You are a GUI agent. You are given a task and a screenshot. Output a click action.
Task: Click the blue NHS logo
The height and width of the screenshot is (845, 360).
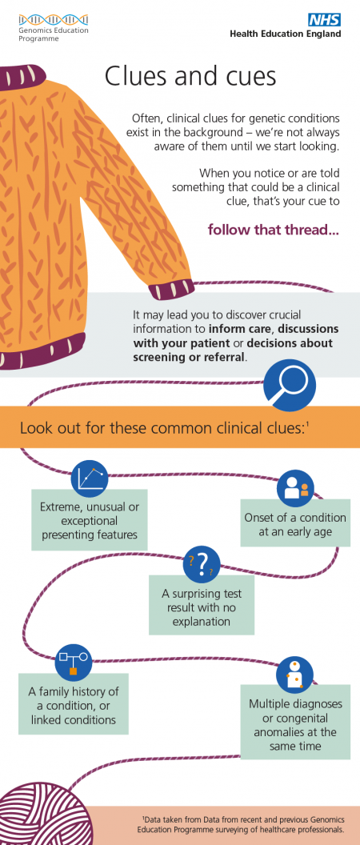[x=324, y=20]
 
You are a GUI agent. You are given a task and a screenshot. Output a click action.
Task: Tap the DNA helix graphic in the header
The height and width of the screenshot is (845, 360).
[x=54, y=20]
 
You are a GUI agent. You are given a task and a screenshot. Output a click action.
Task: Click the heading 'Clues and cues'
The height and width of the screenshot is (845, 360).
[x=190, y=76]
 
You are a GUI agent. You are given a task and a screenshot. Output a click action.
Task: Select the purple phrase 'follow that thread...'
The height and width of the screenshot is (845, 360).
[x=274, y=230]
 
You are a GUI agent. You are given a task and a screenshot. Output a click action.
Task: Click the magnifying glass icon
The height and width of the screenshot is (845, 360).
[x=290, y=386]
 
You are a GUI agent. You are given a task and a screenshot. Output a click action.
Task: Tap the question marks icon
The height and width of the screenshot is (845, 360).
[x=202, y=563]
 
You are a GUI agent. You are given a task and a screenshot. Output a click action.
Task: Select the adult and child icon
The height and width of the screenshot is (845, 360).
[x=295, y=487]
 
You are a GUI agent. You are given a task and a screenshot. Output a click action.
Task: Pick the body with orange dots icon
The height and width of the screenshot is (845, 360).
[x=294, y=674]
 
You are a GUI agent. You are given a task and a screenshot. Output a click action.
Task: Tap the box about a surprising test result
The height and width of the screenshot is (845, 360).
[x=202, y=605]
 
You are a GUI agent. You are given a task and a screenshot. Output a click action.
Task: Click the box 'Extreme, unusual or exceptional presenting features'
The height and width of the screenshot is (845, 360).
[x=90, y=519]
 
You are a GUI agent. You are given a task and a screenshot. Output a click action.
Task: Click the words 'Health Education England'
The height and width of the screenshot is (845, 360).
[x=285, y=34]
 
